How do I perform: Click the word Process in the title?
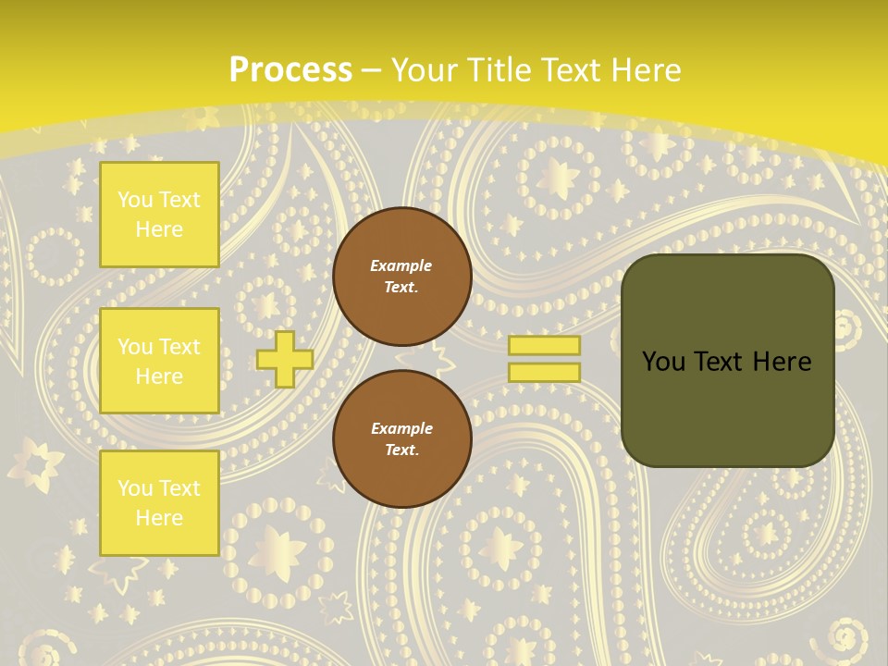point(290,70)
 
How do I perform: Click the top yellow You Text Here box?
point(159,215)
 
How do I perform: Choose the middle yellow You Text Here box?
point(159,361)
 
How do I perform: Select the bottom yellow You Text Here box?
point(159,502)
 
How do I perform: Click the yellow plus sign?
point(285,359)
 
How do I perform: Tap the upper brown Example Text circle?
point(401,277)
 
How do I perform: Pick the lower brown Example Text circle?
point(401,438)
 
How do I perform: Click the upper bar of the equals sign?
point(544,345)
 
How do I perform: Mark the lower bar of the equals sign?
point(544,372)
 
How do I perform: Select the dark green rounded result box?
point(727,361)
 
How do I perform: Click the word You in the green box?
point(663,362)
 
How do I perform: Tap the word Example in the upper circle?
point(401,265)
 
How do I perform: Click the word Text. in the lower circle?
point(401,450)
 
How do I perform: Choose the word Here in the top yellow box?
point(159,229)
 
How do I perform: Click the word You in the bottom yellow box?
point(136,487)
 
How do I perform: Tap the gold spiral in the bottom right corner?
point(844,637)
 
